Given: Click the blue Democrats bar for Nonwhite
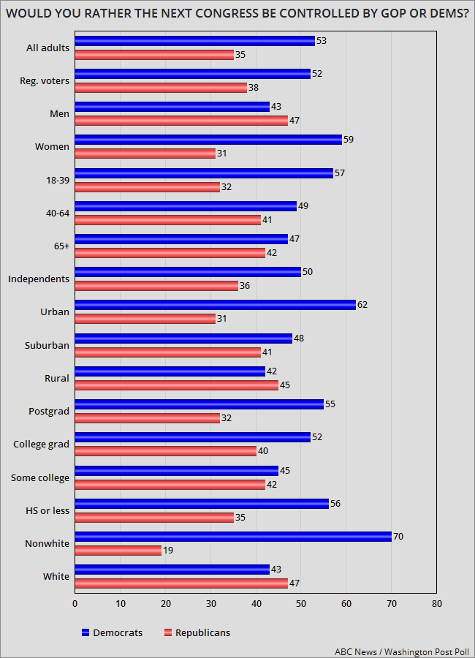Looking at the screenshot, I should [233, 536].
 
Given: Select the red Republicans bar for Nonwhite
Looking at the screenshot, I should [118, 551].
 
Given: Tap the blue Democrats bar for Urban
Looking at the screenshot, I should [215, 305].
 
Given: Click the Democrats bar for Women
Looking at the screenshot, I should [208, 140].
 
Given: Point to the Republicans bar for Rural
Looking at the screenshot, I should [176, 385].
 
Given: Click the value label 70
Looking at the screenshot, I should [398, 536].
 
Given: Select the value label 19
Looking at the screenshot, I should [168, 551].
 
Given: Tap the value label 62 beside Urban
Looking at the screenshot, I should [362, 305].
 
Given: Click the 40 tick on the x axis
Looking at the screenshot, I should [256, 604].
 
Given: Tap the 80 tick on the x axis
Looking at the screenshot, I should [436, 604].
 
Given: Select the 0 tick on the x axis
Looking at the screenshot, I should [75, 604].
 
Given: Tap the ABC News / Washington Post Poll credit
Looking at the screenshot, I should [402, 651].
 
